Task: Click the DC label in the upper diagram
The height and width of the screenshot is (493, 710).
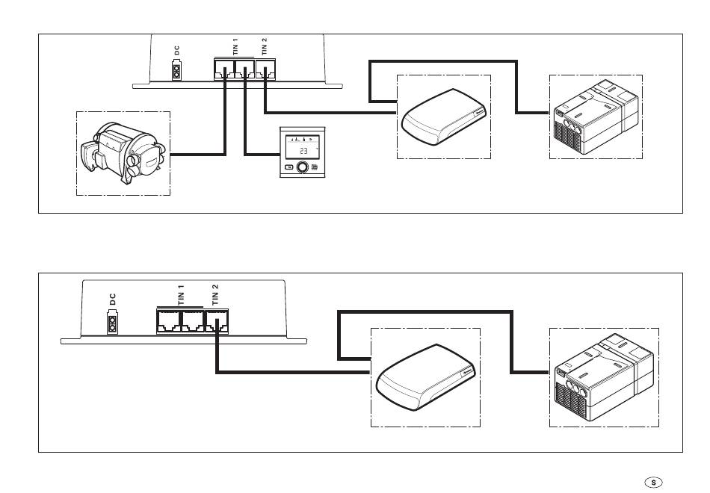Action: (x=177, y=52)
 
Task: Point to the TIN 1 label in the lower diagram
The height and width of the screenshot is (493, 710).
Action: (x=180, y=292)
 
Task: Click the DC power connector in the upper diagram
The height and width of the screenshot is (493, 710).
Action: (x=177, y=72)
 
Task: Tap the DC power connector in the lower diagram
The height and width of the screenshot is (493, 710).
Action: (x=112, y=324)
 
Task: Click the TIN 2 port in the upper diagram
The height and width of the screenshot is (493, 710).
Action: (x=265, y=71)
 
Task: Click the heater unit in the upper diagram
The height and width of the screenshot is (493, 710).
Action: (x=123, y=154)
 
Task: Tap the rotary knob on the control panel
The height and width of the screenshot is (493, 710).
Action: (x=303, y=167)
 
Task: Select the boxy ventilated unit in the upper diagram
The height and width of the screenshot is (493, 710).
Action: (x=596, y=116)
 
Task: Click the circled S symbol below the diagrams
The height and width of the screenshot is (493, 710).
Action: (x=653, y=483)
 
